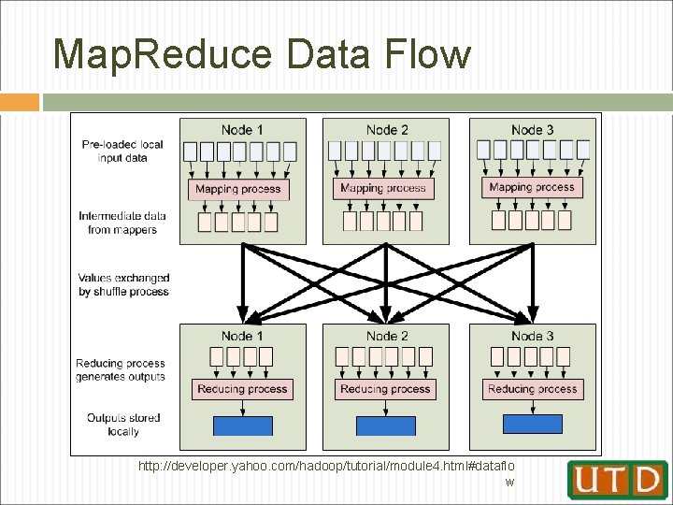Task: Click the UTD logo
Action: pos(617,480)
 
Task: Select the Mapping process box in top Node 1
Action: pos(238,189)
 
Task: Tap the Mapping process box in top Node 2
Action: pos(383,188)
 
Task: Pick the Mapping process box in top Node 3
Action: pos(532,187)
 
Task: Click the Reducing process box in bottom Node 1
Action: pos(242,389)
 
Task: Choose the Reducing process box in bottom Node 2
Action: pos(385,389)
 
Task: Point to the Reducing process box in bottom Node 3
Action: pos(533,389)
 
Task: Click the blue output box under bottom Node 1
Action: pos(243,426)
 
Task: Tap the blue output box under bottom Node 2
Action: pos(386,426)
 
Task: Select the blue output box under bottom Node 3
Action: pos(533,424)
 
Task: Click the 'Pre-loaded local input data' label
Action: pos(122,151)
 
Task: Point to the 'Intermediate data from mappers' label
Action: pos(122,223)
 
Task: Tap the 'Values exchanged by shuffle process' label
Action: pos(123,284)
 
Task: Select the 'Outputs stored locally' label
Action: pos(123,425)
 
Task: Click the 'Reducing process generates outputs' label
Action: pos(121,369)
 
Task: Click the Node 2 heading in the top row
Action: pos(387,130)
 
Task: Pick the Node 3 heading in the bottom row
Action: pos(532,336)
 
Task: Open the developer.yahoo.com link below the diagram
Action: pos(326,465)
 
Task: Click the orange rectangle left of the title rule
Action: pos(20,102)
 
